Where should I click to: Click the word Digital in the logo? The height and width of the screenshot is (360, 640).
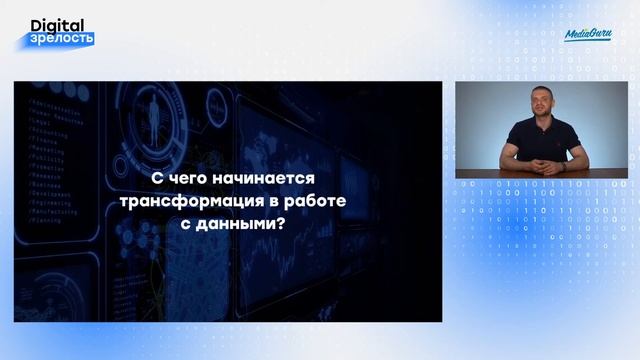[58, 23]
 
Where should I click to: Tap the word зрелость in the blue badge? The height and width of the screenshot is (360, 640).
[64, 39]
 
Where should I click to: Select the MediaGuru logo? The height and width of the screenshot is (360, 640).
[585, 34]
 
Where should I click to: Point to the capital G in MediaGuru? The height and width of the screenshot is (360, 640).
[591, 34]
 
